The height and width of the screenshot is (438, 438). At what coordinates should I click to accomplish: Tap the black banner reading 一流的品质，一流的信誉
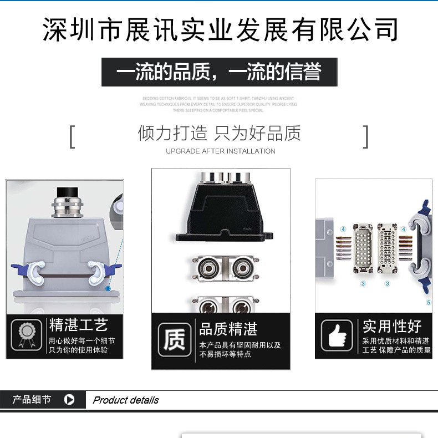pos(219,72)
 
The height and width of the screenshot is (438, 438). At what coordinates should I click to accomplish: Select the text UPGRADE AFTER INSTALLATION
pos(220,151)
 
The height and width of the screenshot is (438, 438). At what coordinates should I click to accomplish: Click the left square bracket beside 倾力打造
pos(72,136)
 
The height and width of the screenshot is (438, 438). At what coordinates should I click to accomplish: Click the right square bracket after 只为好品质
pos(365,136)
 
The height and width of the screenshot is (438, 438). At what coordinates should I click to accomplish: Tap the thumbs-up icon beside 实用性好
pos(337,335)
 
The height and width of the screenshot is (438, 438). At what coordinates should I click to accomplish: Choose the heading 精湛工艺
pos(78,325)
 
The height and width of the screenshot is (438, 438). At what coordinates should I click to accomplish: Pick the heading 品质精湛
pos(228,329)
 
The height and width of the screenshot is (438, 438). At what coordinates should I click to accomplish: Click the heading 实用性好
pos(392,325)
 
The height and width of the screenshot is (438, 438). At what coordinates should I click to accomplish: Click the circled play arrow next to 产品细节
pos(69,400)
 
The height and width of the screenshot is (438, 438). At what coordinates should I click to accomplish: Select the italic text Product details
pos(125,400)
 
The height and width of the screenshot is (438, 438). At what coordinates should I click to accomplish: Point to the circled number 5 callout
pos(428,303)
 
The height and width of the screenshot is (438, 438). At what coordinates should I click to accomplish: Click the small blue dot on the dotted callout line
pos(109,289)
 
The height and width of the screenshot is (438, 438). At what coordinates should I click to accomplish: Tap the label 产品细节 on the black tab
pos(32,400)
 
